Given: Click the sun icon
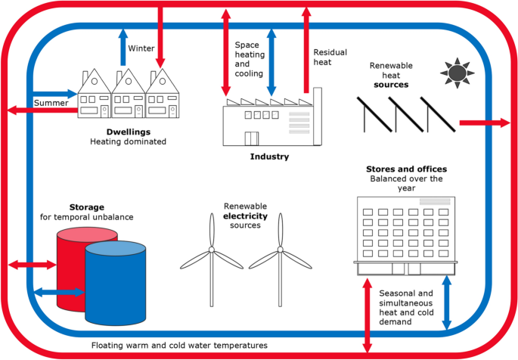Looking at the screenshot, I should coord(456,73).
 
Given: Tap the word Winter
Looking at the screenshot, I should coord(141,48).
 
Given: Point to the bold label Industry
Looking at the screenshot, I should coord(270,157).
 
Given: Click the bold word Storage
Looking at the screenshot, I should coord(86,206).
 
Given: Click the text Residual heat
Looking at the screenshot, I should coord(327,57).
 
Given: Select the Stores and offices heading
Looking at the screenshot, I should coord(406,169).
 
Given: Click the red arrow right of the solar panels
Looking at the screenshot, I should coord(484,122).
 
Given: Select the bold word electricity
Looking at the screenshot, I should coord(246,216).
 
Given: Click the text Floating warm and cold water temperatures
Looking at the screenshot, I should coord(179,346).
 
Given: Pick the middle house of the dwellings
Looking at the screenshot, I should coord(128,97).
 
